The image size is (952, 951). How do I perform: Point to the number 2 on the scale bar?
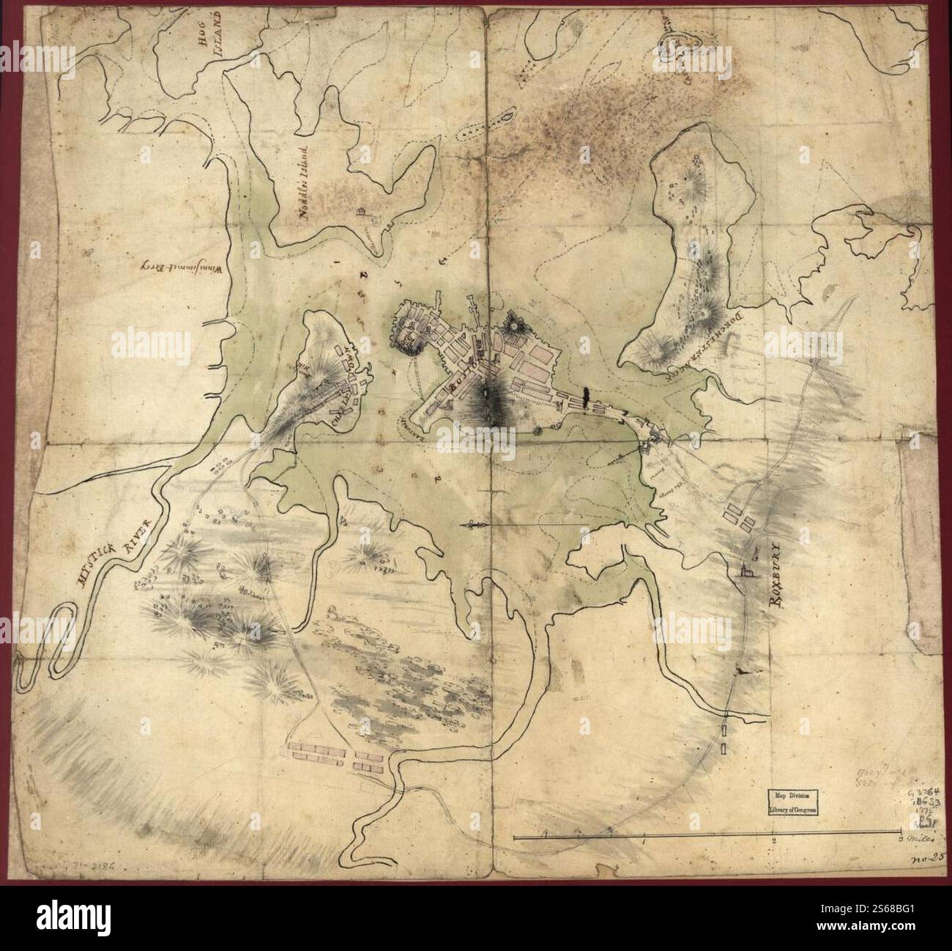[x=773, y=841]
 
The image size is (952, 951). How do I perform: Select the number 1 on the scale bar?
[x=643, y=841]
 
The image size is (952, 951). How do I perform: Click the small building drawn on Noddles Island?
[x=362, y=212]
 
